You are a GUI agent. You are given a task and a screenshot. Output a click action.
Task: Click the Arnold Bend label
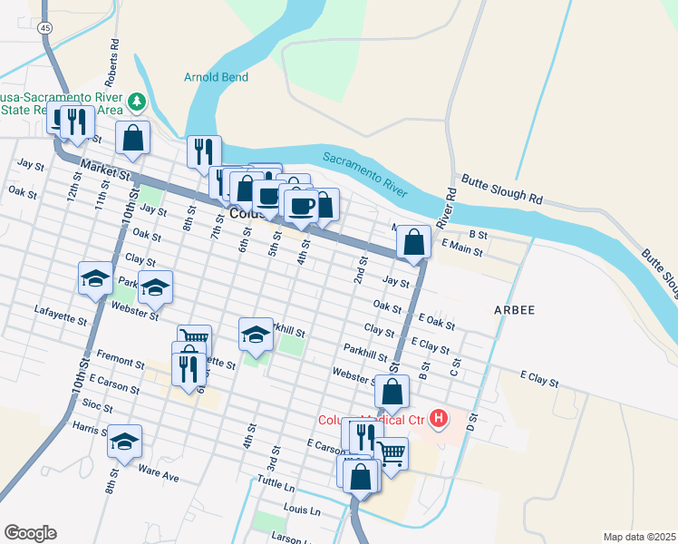216,78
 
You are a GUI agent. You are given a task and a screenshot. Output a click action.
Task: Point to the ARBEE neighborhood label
515,310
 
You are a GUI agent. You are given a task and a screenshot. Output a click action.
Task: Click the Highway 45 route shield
45,29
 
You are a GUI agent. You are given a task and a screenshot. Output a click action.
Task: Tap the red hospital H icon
439,418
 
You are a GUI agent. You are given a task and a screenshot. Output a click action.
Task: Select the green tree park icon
138,102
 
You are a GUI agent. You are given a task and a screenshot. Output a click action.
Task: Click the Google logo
30,533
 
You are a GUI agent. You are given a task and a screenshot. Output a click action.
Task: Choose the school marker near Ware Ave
125,441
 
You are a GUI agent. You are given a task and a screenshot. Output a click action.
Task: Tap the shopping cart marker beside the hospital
391,454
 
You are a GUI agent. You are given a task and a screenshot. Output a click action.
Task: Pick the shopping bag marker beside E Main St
413,243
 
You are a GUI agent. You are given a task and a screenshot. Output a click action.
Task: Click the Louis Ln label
303,511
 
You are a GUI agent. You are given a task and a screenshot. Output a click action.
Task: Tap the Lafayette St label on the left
61,320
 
